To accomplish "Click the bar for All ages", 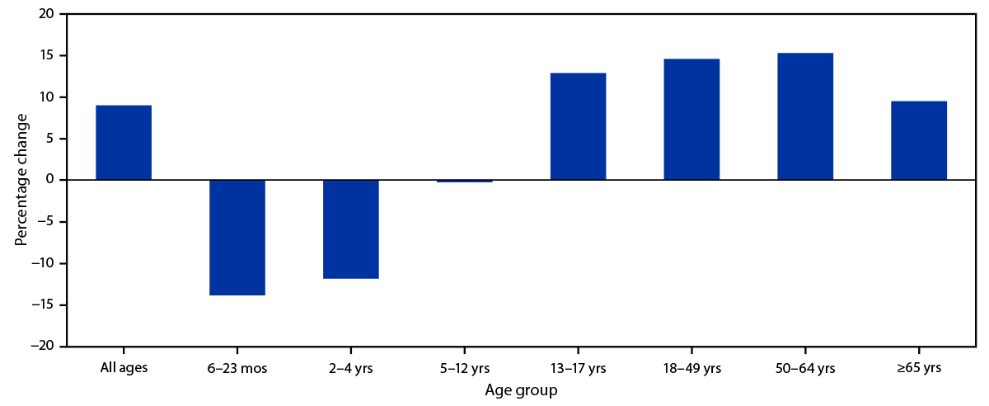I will coord(124,143).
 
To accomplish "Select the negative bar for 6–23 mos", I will coord(237,238).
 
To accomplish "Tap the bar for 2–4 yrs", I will coord(351,229).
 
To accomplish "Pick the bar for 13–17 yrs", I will coord(578,126).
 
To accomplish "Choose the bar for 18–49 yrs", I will coord(691,120).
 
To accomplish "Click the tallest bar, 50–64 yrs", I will coord(805,116).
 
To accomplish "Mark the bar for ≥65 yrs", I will coord(919,140).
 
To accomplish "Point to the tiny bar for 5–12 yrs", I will coord(465,181).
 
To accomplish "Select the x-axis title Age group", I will coord(521,390).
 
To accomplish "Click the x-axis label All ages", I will coord(124,368).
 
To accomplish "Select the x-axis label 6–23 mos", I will coord(237,368).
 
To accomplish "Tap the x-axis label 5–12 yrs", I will coord(465,368).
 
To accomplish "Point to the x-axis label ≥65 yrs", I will coord(919,368).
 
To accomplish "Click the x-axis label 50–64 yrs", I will coord(805,368).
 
